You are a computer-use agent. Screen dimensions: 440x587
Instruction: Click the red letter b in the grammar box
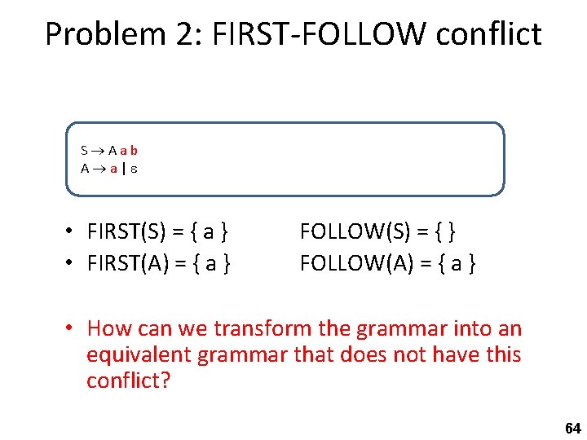133,150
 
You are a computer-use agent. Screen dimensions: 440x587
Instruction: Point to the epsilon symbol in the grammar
134,169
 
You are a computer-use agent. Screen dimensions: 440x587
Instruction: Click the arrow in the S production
97,151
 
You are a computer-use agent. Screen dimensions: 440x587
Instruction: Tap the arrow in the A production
98,169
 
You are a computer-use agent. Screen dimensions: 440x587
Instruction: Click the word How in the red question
106,329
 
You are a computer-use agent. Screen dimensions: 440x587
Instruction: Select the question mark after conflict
166,381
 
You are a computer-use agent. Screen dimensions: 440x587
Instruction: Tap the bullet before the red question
72,328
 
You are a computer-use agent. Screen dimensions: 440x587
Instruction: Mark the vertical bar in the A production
124,169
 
